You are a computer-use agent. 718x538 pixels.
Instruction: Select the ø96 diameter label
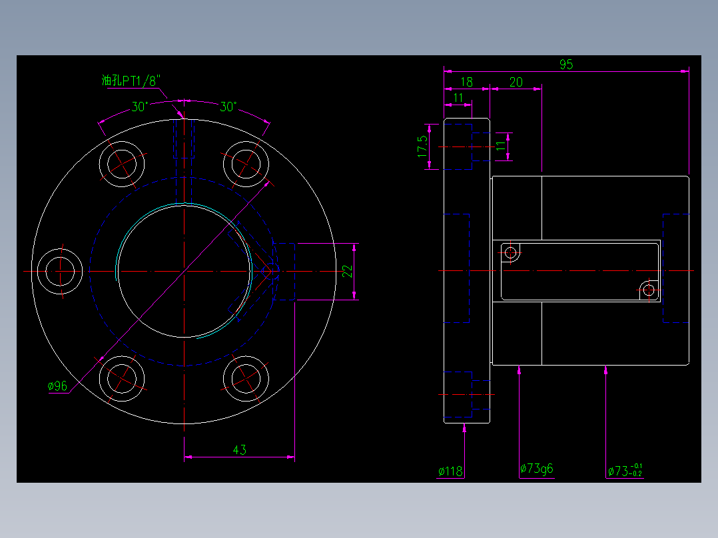point(57,386)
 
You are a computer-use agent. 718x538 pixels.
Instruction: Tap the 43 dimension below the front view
point(240,449)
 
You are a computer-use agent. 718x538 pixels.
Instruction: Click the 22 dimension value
point(348,272)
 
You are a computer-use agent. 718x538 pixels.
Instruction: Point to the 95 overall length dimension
point(566,64)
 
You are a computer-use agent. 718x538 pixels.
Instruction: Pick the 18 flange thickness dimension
point(467,82)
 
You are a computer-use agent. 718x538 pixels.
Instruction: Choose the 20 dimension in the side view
point(516,82)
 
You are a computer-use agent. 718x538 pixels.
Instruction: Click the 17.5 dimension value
point(422,146)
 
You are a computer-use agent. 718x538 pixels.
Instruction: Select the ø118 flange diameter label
point(450,471)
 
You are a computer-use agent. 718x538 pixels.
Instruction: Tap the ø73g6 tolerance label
point(537,469)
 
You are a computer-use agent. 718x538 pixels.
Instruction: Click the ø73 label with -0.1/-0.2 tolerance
point(625,470)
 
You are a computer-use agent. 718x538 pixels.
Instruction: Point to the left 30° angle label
point(139,107)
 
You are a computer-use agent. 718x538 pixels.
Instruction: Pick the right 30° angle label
point(228,107)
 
